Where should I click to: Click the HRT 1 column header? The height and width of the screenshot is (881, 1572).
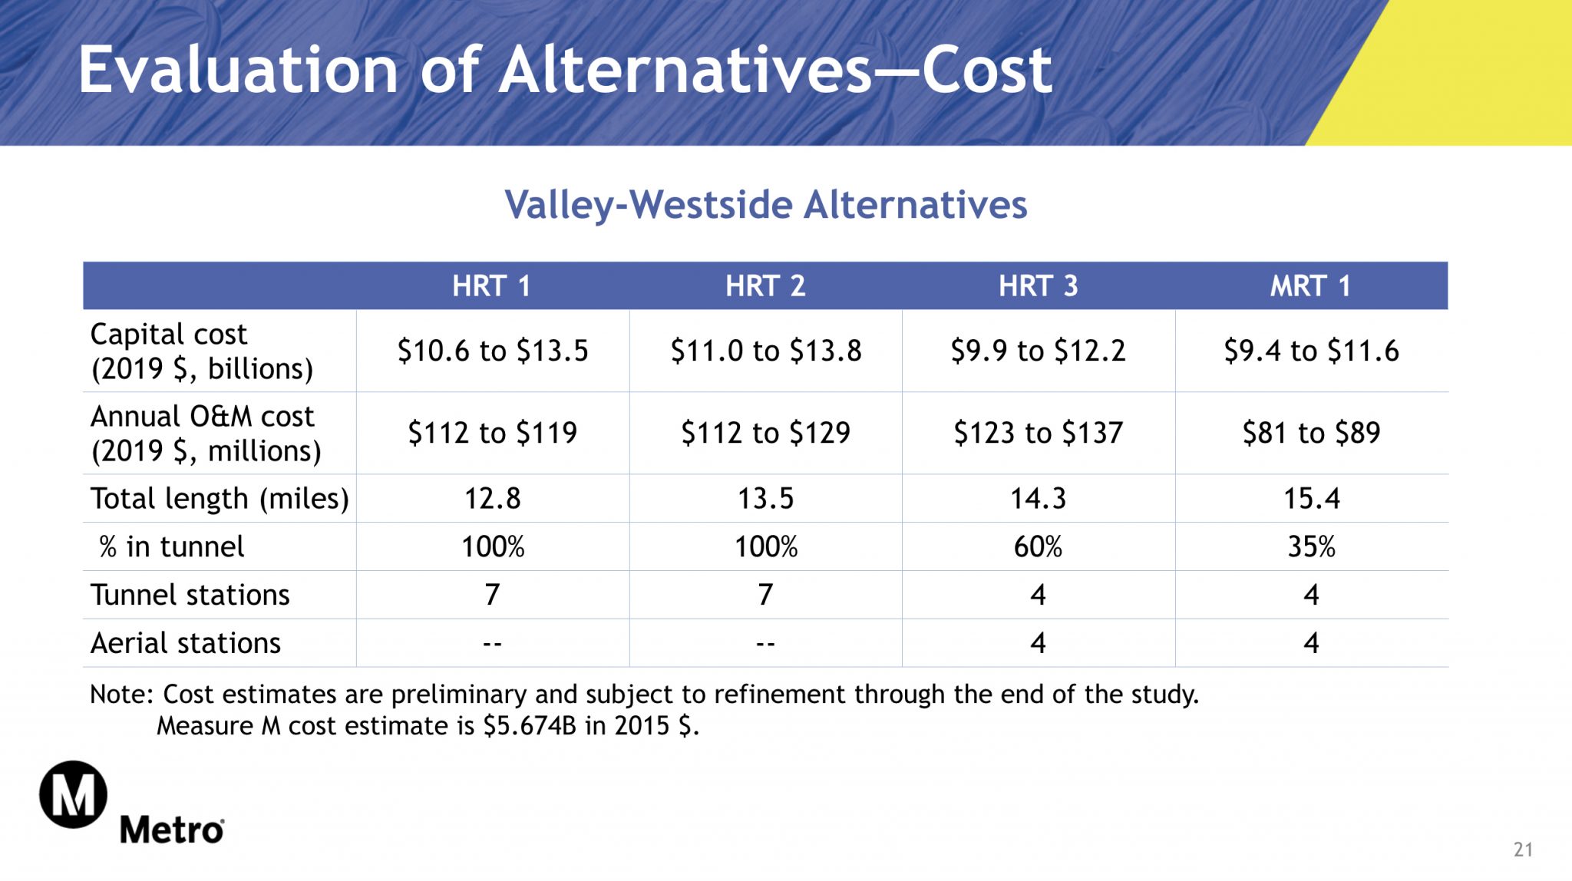point(491,286)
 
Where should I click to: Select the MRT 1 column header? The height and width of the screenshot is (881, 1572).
point(1310,286)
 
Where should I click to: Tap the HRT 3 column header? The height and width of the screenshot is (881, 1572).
point(1038,286)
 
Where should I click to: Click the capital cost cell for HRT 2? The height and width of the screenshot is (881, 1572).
point(766,351)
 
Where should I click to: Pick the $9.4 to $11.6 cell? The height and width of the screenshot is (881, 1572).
point(1311,351)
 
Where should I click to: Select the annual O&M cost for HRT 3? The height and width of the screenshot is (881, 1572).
point(1038,433)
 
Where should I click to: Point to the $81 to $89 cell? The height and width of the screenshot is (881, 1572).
point(1311,433)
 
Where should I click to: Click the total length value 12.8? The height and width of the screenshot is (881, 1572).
point(492,499)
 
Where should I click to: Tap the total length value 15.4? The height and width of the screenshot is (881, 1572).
point(1311,499)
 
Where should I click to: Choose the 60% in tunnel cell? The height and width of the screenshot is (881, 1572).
point(1038,547)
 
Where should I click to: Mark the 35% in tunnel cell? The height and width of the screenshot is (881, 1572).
point(1311,547)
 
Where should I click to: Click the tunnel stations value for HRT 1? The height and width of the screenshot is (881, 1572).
point(492,595)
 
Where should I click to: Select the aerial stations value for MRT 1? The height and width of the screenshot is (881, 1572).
point(1311,643)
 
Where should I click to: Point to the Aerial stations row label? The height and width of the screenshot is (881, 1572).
point(186,643)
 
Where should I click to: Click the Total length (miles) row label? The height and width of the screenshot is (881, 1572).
point(220,499)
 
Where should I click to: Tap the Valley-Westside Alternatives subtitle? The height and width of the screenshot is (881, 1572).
point(765,205)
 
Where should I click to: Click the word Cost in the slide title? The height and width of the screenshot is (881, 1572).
point(986,71)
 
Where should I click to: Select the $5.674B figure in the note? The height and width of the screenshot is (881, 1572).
point(530,726)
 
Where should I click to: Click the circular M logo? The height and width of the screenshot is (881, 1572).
point(74,794)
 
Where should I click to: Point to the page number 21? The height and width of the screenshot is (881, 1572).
point(1523,850)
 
